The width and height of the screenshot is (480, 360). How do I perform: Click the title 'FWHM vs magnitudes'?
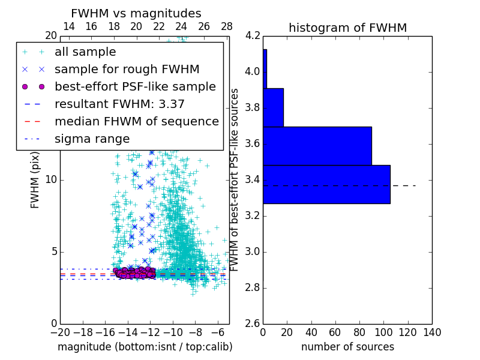pyautogui.click(x=136, y=13)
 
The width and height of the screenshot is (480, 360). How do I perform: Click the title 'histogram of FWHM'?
pyautogui.click(x=347, y=28)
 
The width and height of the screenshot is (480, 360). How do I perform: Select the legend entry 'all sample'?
pyautogui.click(x=85, y=52)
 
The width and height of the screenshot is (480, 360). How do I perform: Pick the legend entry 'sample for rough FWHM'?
pyautogui.click(x=127, y=69)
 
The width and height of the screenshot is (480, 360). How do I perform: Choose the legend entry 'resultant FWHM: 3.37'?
pyautogui.click(x=119, y=104)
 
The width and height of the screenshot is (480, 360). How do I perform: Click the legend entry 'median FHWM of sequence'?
pyautogui.click(x=136, y=121)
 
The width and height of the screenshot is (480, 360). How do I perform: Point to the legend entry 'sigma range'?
pyautogui.click(x=92, y=139)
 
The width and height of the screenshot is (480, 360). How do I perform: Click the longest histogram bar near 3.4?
pyautogui.click(x=326, y=184)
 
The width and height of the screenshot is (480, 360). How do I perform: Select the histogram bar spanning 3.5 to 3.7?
pyautogui.click(x=317, y=146)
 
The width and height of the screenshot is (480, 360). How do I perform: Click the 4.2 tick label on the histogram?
pyautogui.click(x=253, y=36)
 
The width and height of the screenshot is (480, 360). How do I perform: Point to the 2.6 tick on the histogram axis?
pyautogui.click(x=253, y=323)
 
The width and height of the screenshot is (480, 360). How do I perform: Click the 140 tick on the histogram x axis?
pyautogui.click(x=432, y=332)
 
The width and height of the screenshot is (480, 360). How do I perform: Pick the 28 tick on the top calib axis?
pyautogui.click(x=227, y=26)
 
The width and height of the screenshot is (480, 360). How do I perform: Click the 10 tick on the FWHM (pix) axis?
pyautogui.click(x=51, y=179)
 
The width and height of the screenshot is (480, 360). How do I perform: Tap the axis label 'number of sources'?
pyautogui.click(x=347, y=347)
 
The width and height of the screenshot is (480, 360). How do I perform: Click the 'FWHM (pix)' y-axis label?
pyautogui.click(x=35, y=179)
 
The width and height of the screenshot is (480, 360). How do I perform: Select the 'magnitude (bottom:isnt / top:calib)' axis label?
pyautogui.click(x=145, y=347)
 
